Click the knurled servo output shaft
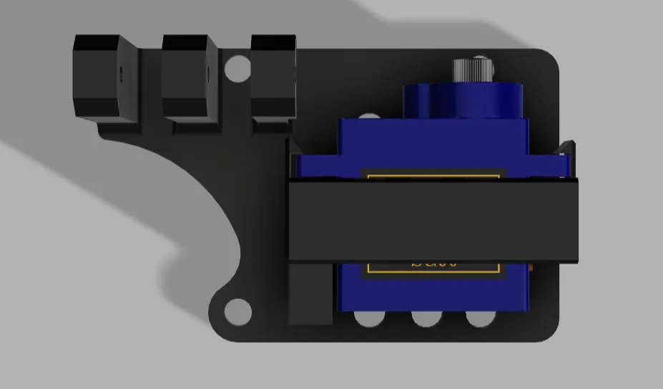(472, 71)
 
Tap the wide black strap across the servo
(433, 220)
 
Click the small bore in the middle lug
(207, 72)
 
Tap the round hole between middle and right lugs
(235, 68)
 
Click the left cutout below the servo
(370, 318)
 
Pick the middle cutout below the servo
(426, 318)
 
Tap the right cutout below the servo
(480, 318)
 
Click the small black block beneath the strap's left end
(311, 294)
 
